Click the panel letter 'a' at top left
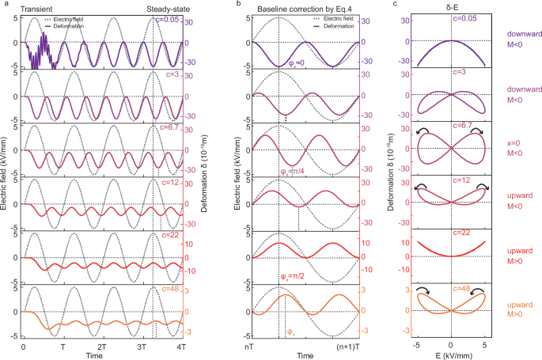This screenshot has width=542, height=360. point(6,6)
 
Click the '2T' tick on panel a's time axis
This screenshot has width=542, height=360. point(102,347)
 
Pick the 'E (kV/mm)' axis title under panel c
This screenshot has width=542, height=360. point(450,355)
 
